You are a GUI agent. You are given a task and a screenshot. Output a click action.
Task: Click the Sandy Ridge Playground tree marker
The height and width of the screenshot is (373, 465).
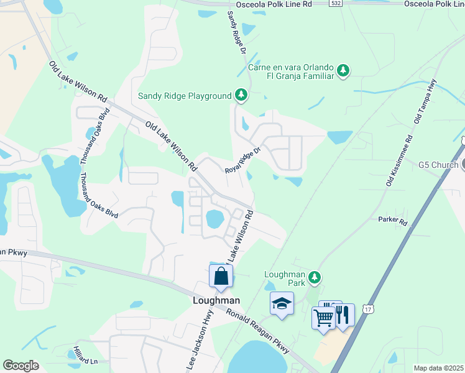coord(241,96)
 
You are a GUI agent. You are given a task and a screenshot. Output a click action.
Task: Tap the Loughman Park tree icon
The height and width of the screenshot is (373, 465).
coord(315,277)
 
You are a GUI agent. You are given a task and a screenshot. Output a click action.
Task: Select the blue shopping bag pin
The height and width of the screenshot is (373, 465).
coord(221,276)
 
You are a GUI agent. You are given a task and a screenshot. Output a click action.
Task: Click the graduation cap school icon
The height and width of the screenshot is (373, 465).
coord(282,303)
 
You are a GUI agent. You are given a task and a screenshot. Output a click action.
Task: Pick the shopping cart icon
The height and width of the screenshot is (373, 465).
coord(323,317)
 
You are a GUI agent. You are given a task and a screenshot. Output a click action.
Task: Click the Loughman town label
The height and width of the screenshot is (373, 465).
coord(214,300)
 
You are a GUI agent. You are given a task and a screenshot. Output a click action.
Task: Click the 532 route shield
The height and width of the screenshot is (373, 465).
coord(335,4)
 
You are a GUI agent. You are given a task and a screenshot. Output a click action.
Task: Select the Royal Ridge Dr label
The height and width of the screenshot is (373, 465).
coord(241,159)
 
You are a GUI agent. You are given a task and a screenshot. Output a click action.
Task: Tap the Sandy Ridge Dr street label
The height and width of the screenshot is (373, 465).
coord(237,32)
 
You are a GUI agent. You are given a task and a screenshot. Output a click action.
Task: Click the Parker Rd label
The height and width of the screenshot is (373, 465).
coord(393,221)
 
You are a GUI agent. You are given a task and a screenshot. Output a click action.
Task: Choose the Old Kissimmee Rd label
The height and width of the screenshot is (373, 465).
coord(399,160)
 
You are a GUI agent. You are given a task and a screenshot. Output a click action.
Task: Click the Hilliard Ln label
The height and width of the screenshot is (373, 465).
coord(86,354)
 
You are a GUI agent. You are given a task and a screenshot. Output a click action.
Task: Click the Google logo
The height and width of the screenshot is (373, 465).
coord(20,366)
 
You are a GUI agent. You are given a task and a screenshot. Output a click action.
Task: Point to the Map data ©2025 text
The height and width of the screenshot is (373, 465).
coord(438,368)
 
